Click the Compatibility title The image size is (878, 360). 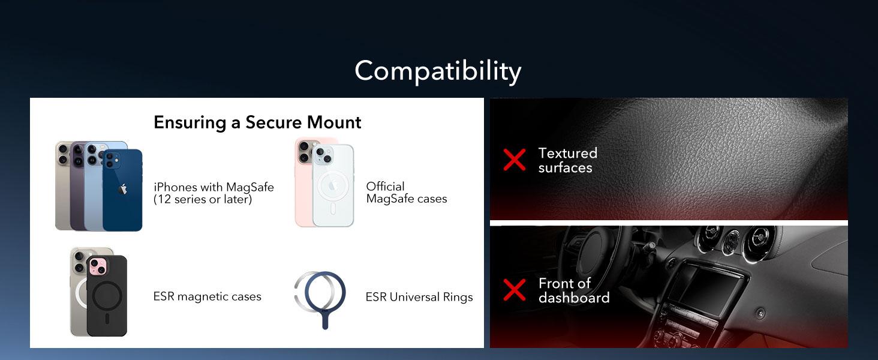pyautogui.click(x=438, y=71)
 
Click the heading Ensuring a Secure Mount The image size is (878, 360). pyautogui.click(x=257, y=122)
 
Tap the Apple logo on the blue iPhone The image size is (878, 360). pyautogui.click(x=123, y=189)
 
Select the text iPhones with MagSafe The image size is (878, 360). pyautogui.click(x=214, y=187)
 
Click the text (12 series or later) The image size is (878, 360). pyautogui.click(x=203, y=200)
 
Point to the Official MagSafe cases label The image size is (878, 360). pyautogui.click(x=406, y=193)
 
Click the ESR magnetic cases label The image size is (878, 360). pyautogui.click(x=207, y=296)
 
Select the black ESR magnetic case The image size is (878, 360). pyautogui.click(x=107, y=297)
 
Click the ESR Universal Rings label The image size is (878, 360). pyautogui.click(x=419, y=297)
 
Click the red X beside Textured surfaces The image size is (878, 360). pyautogui.click(x=514, y=160)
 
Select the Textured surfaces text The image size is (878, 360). pyautogui.click(x=567, y=160)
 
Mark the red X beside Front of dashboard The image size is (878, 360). pyautogui.click(x=514, y=290)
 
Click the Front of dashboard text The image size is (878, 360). pyautogui.click(x=573, y=290)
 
